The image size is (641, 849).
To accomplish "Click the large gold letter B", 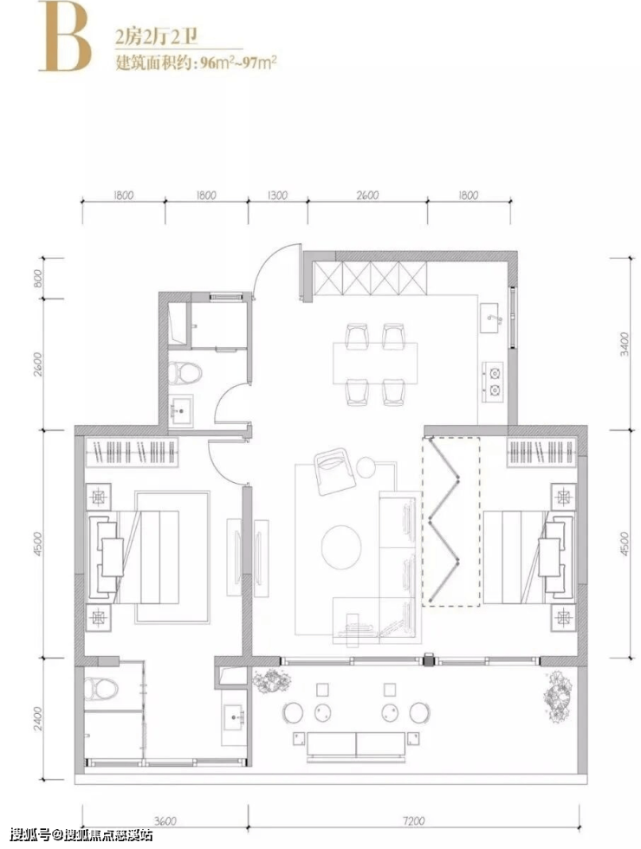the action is [x=64, y=39].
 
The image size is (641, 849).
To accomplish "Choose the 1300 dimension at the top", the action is [x=277, y=195].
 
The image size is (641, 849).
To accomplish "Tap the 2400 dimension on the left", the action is [x=38, y=718].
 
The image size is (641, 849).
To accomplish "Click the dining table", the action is [x=375, y=363].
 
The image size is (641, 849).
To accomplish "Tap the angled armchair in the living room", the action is [x=335, y=471].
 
